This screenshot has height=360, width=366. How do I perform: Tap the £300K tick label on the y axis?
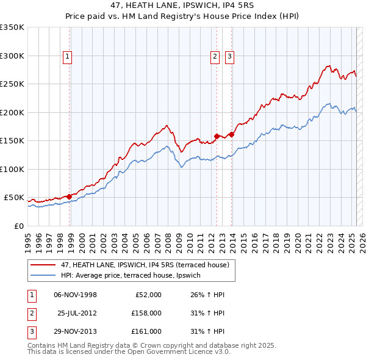click(12, 56)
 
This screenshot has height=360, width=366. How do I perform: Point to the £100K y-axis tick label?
click(12, 169)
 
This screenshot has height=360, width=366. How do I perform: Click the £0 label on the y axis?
click(19, 226)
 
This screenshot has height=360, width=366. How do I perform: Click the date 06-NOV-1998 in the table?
click(76, 295)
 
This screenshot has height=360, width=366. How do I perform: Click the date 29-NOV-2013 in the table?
click(76, 331)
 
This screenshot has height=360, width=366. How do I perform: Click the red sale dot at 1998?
click(70, 195)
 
